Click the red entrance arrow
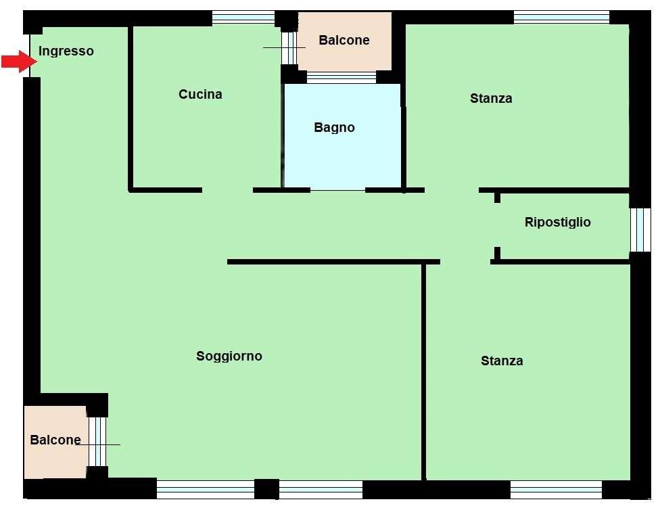point(20,62)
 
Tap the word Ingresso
point(66,51)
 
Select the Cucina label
point(200,94)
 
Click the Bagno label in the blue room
point(334,127)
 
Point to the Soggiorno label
point(229,356)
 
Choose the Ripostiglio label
point(558,222)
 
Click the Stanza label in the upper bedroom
point(491,99)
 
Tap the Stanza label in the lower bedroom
point(502,361)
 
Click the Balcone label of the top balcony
point(344,40)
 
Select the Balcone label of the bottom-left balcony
point(55,440)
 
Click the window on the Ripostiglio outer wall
point(640,230)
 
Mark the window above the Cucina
point(243,18)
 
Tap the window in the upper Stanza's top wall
point(561,18)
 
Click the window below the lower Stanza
point(556,490)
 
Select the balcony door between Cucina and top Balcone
point(289,48)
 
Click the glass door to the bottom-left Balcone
point(97,442)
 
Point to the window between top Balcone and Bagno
point(341,77)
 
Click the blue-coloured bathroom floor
point(342,160)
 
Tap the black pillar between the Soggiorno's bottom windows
point(267,489)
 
